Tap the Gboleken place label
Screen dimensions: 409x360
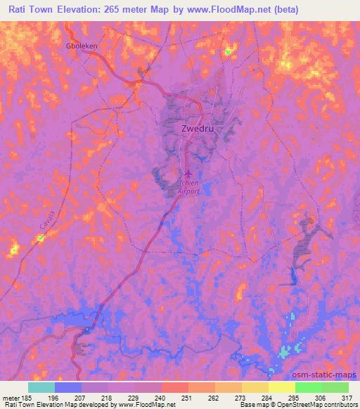click(82, 46)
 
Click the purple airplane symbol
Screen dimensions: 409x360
click(186, 174)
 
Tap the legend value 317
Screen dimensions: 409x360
click(347, 396)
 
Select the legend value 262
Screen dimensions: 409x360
click(215, 396)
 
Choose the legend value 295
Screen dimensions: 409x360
click(295, 396)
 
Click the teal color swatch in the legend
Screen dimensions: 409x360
click(41, 387)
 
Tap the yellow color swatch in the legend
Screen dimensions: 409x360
click(281, 387)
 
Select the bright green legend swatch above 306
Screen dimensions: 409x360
click(308, 387)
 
